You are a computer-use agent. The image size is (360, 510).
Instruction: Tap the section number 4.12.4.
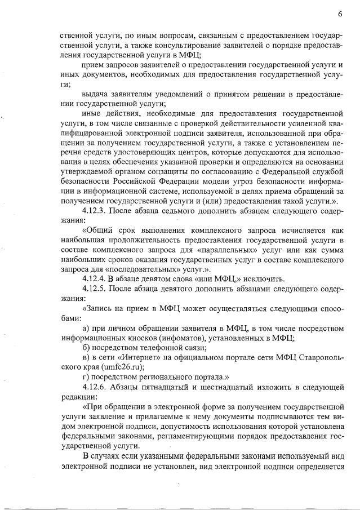[x=95, y=278]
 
